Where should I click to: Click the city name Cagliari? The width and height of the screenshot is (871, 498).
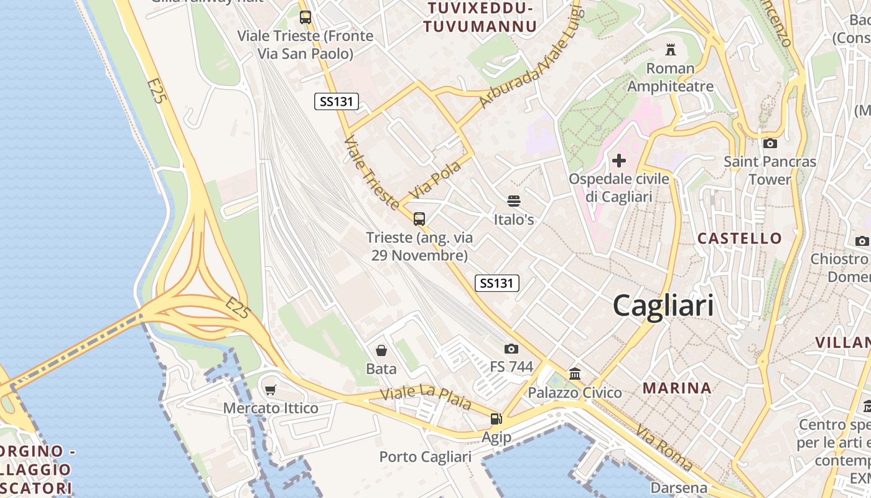pyautogui.click(x=663, y=306)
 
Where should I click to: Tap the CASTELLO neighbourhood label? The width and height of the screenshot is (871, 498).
pyautogui.click(x=739, y=238)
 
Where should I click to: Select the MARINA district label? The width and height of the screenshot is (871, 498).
pyautogui.click(x=677, y=388)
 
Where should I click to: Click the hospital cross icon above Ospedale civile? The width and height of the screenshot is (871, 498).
pyautogui.click(x=618, y=161)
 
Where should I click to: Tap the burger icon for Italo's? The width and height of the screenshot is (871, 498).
pyautogui.click(x=514, y=201)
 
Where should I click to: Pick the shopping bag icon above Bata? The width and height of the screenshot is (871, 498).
pyautogui.click(x=381, y=350)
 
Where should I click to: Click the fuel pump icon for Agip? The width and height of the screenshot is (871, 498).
pyautogui.click(x=496, y=419)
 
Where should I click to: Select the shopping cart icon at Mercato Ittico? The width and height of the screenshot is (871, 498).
pyautogui.click(x=270, y=390)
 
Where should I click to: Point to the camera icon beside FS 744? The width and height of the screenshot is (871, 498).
pyautogui.click(x=511, y=349)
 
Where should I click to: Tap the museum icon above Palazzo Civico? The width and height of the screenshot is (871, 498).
pyautogui.click(x=575, y=374)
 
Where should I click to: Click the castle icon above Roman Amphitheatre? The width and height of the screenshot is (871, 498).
pyautogui.click(x=670, y=49)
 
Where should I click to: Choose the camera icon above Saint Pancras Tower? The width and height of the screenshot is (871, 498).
pyautogui.click(x=770, y=144)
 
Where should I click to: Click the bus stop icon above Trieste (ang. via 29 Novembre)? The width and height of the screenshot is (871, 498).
pyautogui.click(x=419, y=218)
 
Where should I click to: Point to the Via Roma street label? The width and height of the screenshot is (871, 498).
pyautogui.click(x=664, y=447)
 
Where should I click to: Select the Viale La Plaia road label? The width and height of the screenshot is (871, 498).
pyautogui.click(x=426, y=398)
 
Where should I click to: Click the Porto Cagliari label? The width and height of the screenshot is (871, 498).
pyautogui.click(x=426, y=457)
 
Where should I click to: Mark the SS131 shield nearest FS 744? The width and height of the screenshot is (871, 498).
pyautogui.click(x=496, y=283)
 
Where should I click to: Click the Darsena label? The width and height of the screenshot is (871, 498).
pyautogui.click(x=679, y=487)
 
